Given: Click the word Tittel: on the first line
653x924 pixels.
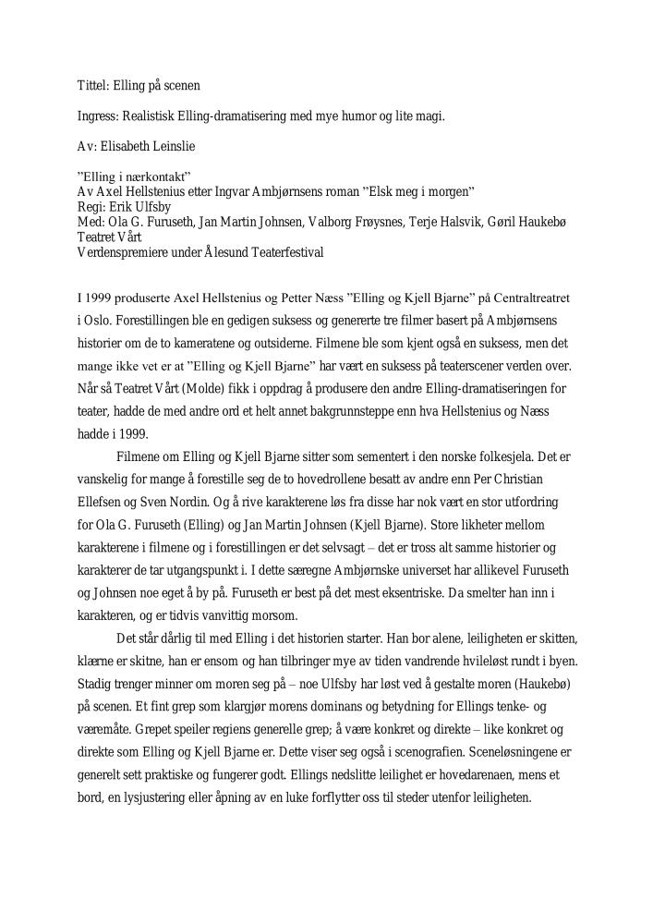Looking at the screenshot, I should tap(92, 85).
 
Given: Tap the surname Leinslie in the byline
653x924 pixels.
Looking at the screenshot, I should tap(176, 146).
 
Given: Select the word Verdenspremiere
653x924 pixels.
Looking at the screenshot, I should tap(120, 252).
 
